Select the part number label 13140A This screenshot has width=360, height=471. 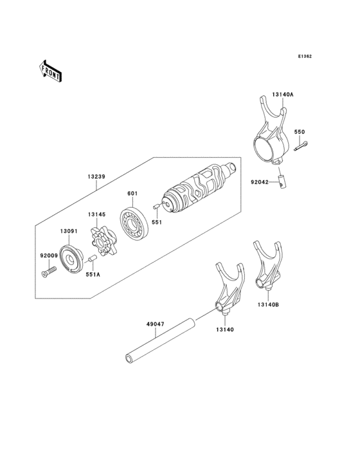pos(282,95)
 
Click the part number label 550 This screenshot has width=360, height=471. pos(300,132)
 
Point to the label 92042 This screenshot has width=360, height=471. pos(260,183)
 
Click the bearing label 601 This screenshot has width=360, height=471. pos(132,192)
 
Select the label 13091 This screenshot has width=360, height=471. pos(69,230)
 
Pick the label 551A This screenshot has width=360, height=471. pos(93,275)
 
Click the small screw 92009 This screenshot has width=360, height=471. pos(45,273)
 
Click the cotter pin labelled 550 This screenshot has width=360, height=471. pos(301,147)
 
